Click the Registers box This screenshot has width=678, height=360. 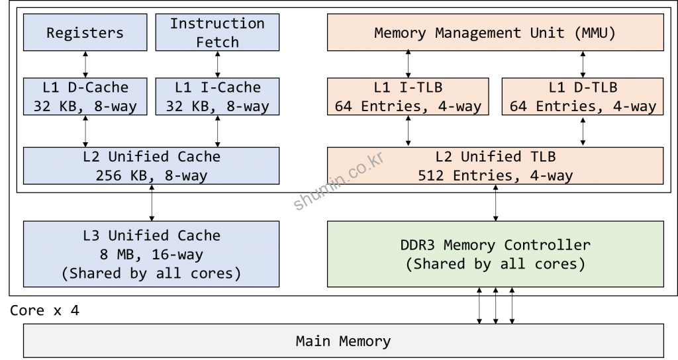[x=85, y=32]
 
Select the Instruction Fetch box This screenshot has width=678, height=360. [x=217, y=32]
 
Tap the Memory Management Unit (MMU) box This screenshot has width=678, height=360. [x=495, y=32]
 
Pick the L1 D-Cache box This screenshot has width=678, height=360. [x=85, y=97]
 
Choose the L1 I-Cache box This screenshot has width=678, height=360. [x=217, y=97]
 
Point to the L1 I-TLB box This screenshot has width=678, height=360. [x=408, y=97]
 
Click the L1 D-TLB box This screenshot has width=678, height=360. [x=583, y=97]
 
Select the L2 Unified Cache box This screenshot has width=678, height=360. [x=151, y=165]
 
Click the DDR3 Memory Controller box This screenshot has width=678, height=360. [x=495, y=254]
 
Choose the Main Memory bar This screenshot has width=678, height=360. [x=343, y=341]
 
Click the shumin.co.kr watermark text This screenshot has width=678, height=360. [x=338, y=181]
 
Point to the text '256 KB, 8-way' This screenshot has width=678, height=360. [x=151, y=176]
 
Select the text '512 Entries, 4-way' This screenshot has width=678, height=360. [x=495, y=176]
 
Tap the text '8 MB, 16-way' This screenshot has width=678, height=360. [x=151, y=255]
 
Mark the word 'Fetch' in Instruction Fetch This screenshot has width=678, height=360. [x=217, y=42]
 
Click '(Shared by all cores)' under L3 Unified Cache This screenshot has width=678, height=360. [x=151, y=273]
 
